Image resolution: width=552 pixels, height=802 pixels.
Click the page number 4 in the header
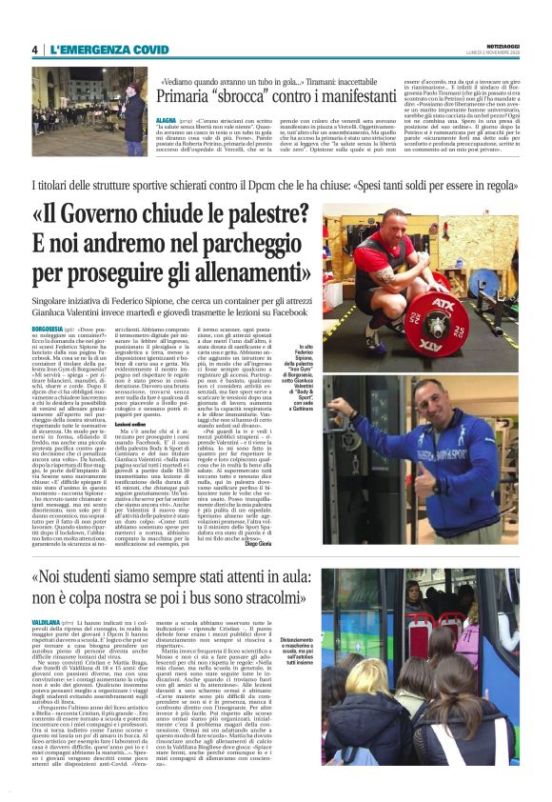[x=35, y=50]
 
